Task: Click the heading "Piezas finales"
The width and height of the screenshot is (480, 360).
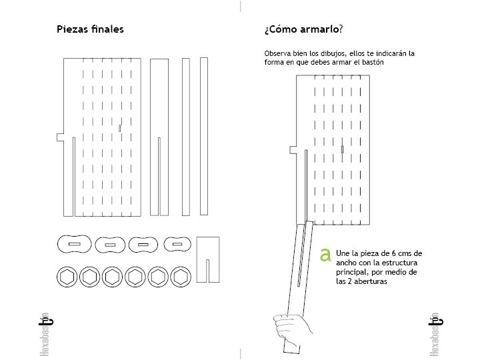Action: tap(90, 29)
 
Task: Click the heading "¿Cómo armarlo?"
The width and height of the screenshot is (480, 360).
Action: tap(303, 29)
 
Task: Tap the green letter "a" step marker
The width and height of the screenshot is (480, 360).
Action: tap(326, 255)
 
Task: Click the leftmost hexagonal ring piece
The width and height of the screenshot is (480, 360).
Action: tap(68, 277)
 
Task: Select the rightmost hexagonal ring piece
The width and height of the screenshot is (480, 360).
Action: tap(180, 277)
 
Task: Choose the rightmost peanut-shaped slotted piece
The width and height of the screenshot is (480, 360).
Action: tap(177, 245)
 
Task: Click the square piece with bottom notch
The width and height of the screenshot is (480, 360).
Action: tap(209, 259)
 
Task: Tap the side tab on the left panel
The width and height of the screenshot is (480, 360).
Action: tap(60, 138)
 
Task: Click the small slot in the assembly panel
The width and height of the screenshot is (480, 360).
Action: tap(341, 149)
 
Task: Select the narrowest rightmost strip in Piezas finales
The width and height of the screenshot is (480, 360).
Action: tap(204, 136)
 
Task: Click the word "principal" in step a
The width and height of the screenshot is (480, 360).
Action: tap(352, 273)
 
